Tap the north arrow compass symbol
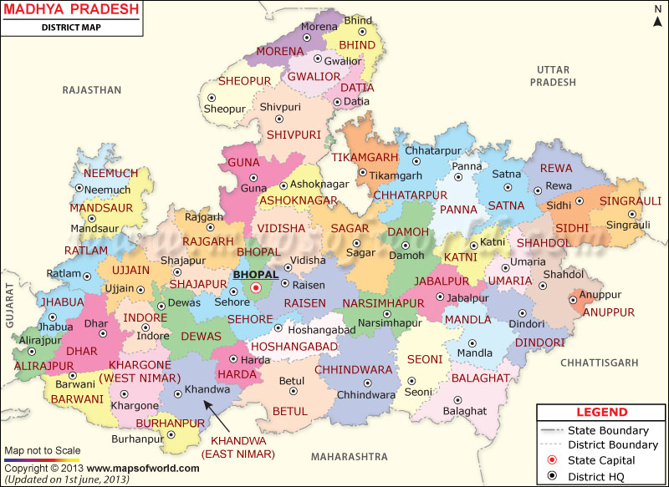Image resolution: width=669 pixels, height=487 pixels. pyautogui.click(x=656, y=15)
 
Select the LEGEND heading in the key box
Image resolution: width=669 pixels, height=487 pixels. pyautogui.click(x=601, y=412)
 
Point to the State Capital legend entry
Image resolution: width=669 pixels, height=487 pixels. pyautogui.click(x=600, y=460)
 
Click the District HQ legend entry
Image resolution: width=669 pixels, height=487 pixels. pyautogui.click(x=600, y=476)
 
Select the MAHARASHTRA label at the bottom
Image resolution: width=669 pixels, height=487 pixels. pyautogui.click(x=349, y=456)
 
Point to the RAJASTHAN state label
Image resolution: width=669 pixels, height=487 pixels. pyautogui.click(x=92, y=89)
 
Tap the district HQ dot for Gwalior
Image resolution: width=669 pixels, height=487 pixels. pyautogui.click(x=317, y=59)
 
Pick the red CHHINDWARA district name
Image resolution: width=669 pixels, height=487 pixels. pyautogui.click(x=354, y=369)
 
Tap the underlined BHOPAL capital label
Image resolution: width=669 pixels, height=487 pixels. pyautogui.click(x=257, y=273)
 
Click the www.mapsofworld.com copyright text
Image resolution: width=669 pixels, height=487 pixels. pyautogui.click(x=143, y=468)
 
